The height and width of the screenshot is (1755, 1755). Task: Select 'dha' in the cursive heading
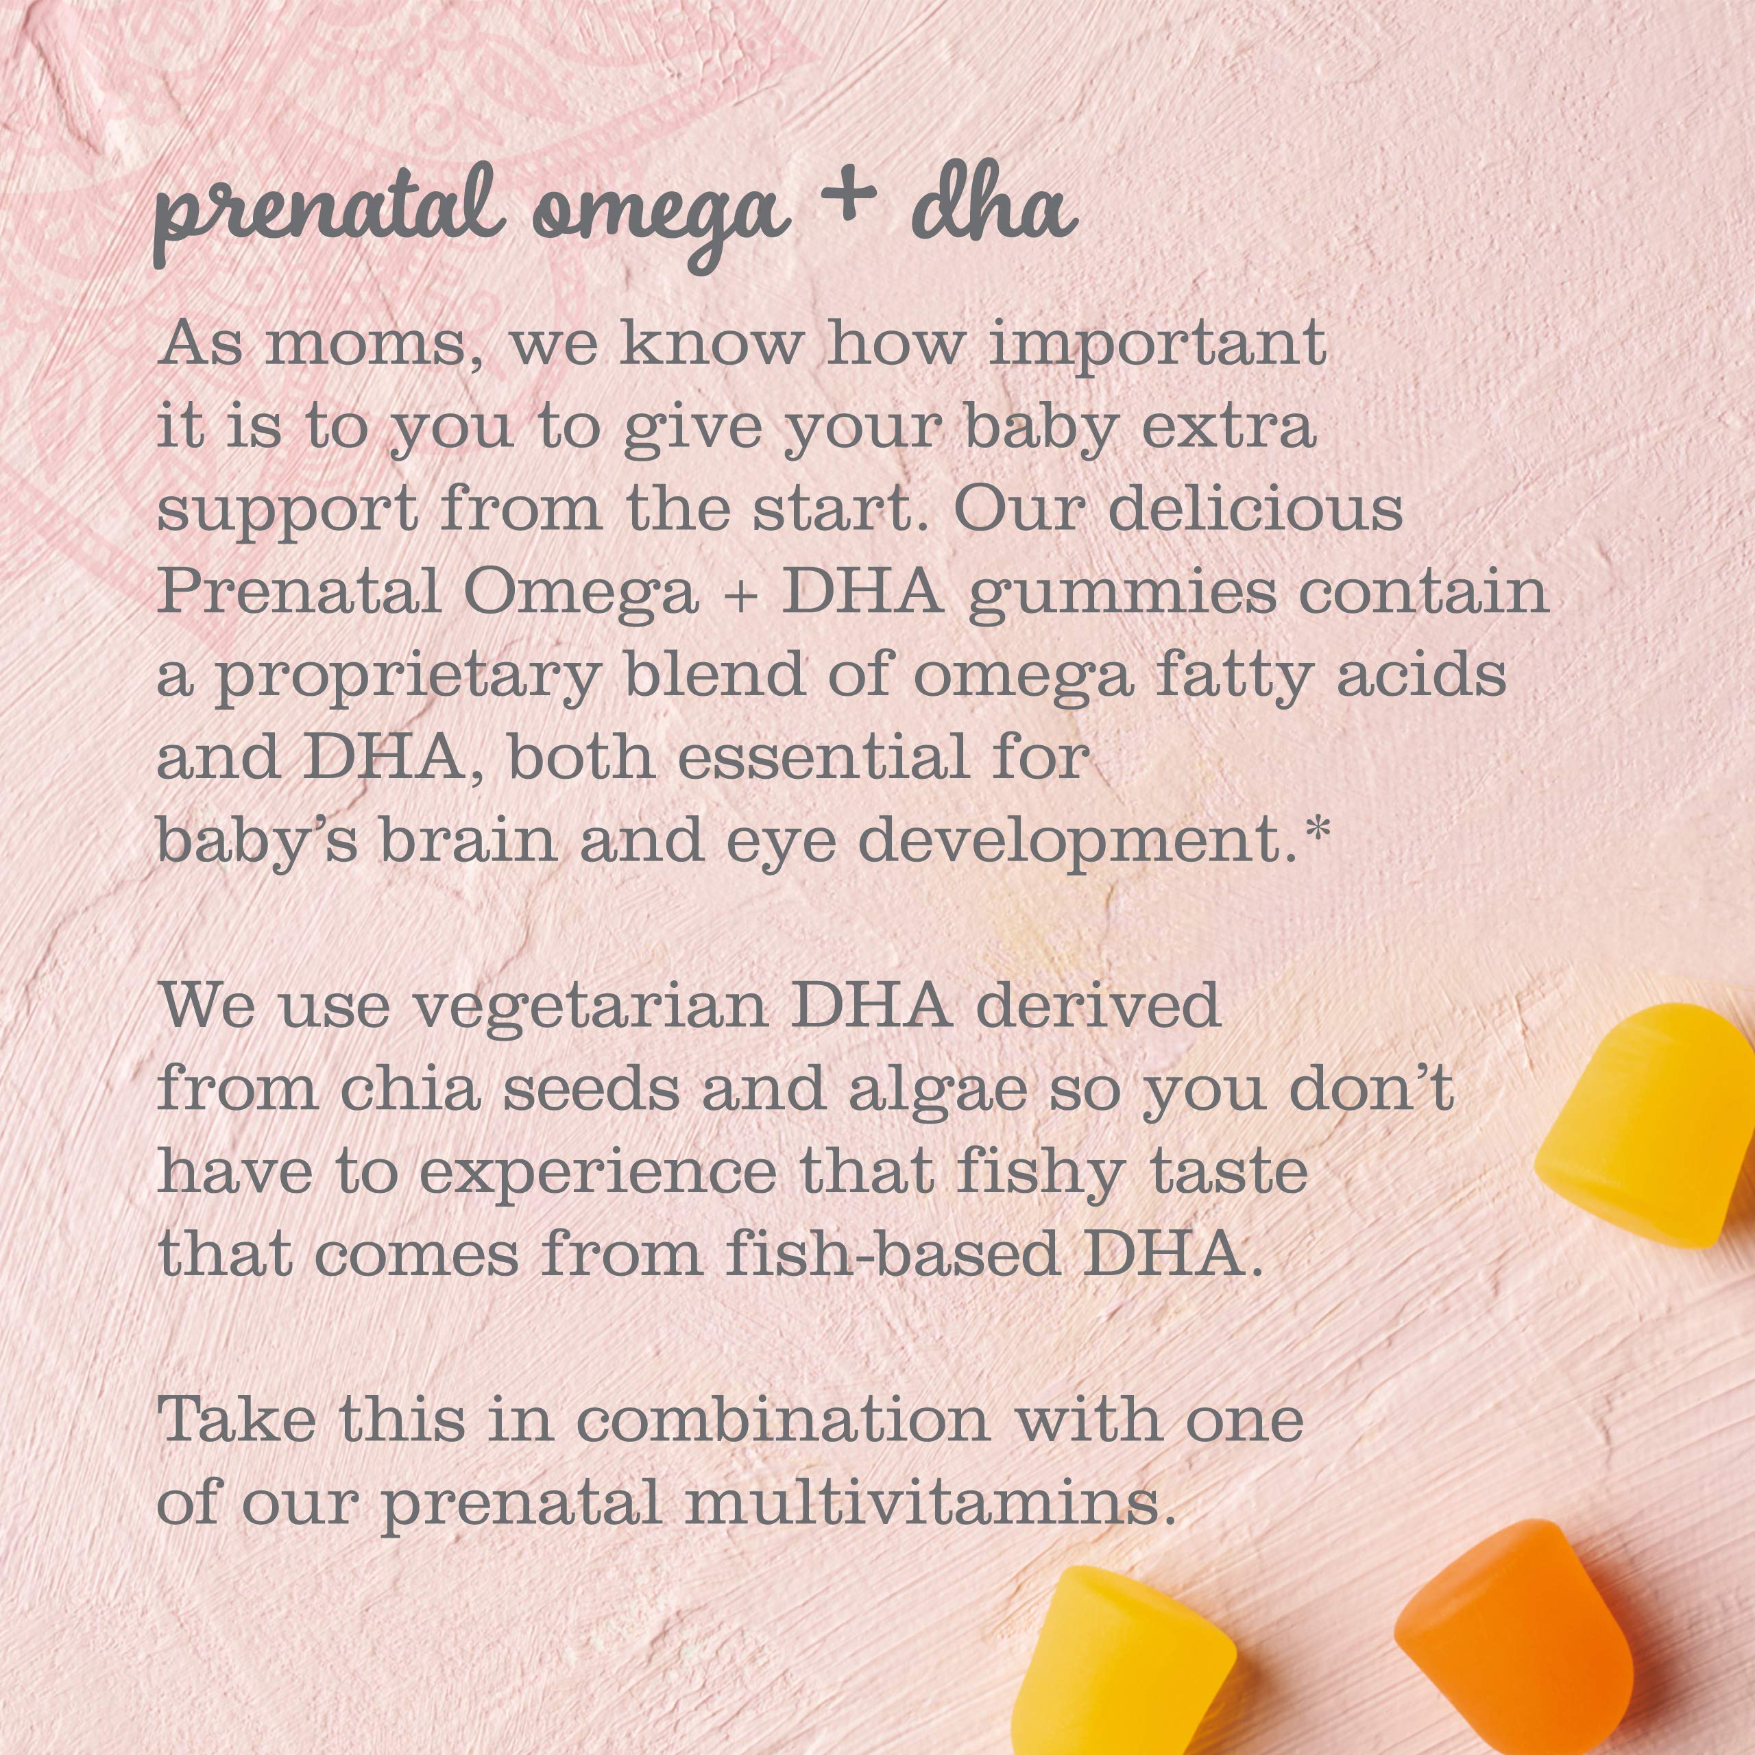[x=995, y=208]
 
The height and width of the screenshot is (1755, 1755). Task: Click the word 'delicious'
[x=1255, y=511]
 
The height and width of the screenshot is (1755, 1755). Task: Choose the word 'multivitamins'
[x=924, y=1503]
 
